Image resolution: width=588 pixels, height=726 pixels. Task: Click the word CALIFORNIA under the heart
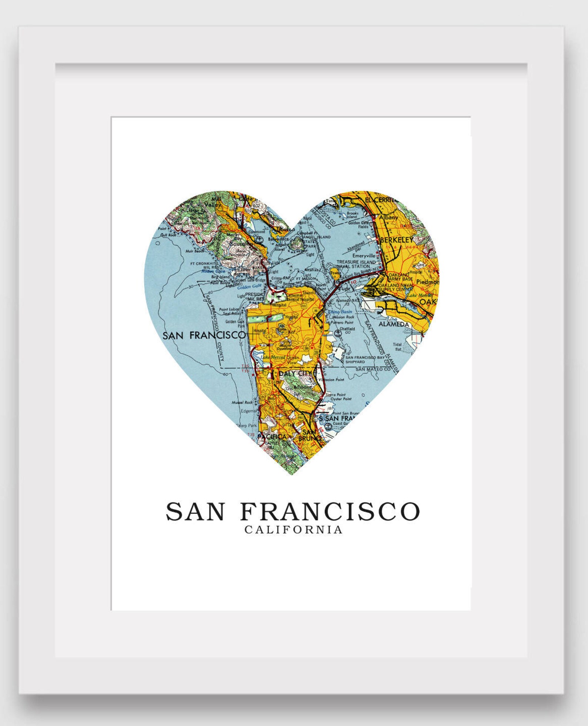[294, 530]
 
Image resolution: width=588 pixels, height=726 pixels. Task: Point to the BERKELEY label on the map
[396, 240]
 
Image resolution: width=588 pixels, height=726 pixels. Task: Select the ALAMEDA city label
[394, 324]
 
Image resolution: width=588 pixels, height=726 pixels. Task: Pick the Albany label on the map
[389, 217]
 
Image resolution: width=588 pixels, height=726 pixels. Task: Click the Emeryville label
[364, 256]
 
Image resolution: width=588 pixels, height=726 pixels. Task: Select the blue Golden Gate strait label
[249, 287]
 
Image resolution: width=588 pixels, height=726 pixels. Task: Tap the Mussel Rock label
[242, 402]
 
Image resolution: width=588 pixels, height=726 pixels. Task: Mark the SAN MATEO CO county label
[373, 369]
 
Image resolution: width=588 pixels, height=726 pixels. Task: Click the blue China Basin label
[340, 312]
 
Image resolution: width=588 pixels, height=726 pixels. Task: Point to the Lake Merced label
[273, 357]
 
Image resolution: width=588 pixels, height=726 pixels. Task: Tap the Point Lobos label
[228, 309]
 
